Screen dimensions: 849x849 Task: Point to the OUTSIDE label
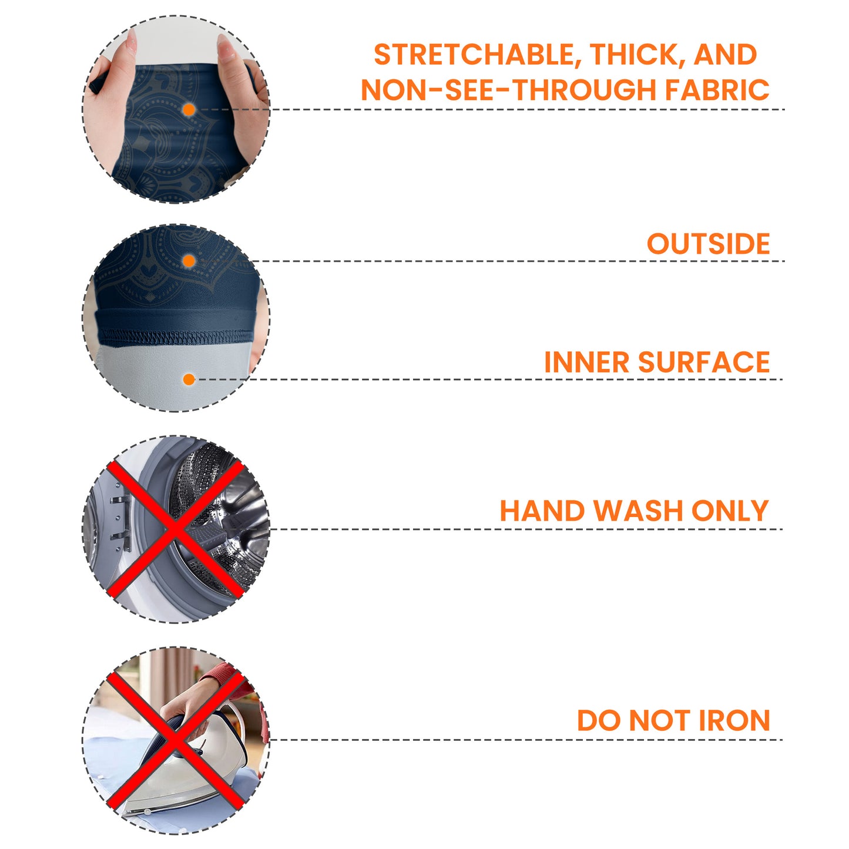pyautogui.click(x=708, y=243)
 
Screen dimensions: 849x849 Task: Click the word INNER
pyautogui.click(x=587, y=362)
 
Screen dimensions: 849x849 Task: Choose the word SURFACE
pyautogui.click(x=704, y=362)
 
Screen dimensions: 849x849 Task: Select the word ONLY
pyautogui.click(x=730, y=511)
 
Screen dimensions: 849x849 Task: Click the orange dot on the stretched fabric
pyautogui.click(x=189, y=110)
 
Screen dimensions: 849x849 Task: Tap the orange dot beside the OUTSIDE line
pyautogui.click(x=189, y=261)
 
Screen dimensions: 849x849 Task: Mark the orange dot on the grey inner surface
pyautogui.click(x=189, y=379)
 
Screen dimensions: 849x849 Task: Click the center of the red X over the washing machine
pyautogui.click(x=175, y=529)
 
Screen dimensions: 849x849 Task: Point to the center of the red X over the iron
pyautogui.click(x=175, y=740)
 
